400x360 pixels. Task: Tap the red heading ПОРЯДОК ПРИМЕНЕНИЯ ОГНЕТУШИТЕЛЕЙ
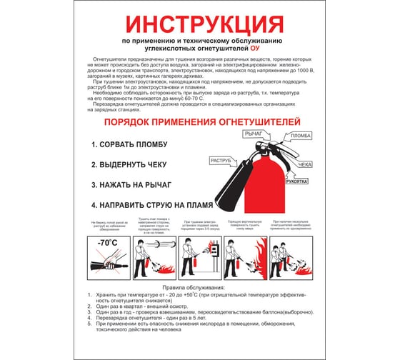tap(199, 123)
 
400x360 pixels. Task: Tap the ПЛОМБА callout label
tap(301, 136)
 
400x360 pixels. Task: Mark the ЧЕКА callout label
tap(305, 165)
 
